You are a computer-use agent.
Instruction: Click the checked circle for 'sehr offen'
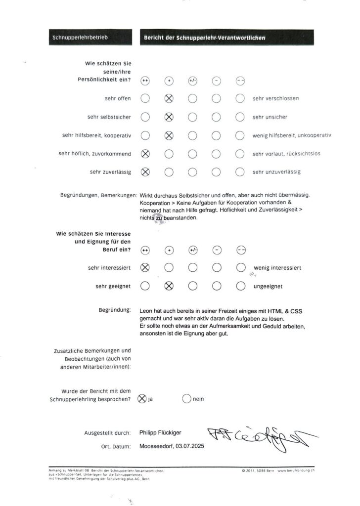[x=169, y=98]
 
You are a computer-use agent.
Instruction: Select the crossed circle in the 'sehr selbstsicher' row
[x=169, y=117]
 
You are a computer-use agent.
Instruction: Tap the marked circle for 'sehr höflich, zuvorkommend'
[x=145, y=154]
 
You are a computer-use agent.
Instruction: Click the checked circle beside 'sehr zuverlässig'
[x=145, y=172]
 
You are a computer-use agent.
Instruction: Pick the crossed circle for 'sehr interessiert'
[x=145, y=268]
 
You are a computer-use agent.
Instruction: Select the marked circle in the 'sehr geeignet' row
[x=169, y=286]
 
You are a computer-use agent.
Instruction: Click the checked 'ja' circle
[x=142, y=399]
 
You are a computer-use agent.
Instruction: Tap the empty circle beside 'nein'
[x=187, y=399]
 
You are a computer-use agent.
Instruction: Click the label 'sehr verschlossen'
[x=275, y=98]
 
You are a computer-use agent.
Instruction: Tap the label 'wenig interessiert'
[x=277, y=268]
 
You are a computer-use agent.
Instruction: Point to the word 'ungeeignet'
[x=270, y=286]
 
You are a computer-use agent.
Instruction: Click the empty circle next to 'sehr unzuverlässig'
[x=240, y=172]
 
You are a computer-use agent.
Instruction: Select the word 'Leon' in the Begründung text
[x=147, y=311]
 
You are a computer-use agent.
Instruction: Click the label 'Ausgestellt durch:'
[x=107, y=433]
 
